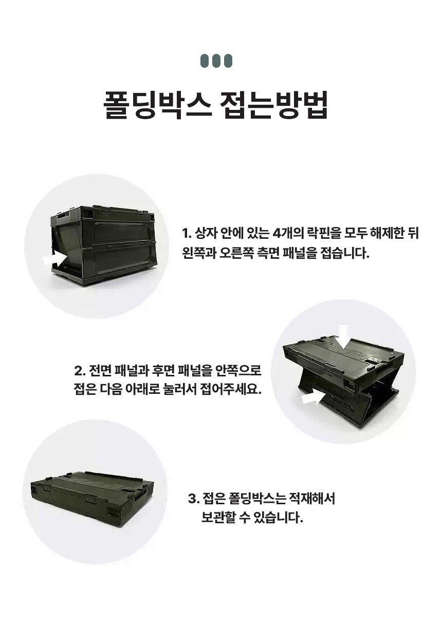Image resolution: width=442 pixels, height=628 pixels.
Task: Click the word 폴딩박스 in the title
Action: [x=157, y=105]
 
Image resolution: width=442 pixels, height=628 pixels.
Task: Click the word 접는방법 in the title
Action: [x=274, y=105]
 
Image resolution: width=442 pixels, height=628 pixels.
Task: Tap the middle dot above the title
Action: [x=216, y=61]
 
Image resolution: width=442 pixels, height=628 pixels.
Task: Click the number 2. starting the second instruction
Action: [x=80, y=371]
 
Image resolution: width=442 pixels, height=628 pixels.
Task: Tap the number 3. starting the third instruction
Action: [x=194, y=499]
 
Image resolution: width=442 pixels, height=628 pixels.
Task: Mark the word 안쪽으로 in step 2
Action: [x=238, y=371]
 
